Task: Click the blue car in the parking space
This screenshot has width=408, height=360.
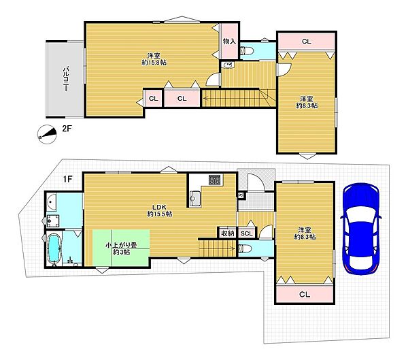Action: [361, 229]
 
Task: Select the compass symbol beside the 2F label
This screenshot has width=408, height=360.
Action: [47, 134]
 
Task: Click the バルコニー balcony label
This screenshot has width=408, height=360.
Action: [67, 79]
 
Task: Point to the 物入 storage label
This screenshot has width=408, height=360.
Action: [230, 41]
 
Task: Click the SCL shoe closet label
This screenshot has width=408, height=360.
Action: [246, 233]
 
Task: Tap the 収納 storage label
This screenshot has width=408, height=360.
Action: [227, 233]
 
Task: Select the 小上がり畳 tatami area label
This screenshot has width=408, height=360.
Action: [121, 245]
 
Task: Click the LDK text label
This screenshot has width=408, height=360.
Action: [159, 208]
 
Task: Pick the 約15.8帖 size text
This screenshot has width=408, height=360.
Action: [154, 63]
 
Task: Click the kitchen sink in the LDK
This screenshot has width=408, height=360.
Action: [195, 199]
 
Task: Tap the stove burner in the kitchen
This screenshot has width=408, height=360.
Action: [215, 180]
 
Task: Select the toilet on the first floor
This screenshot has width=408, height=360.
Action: [245, 249]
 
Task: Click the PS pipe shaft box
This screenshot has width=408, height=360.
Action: [241, 195]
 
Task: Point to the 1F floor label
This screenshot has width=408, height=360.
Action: [67, 179]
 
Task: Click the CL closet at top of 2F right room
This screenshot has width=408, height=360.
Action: [307, 42]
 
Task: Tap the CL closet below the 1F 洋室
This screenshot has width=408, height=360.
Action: [305, 295]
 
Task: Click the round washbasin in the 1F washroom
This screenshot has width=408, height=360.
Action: [52, 202]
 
